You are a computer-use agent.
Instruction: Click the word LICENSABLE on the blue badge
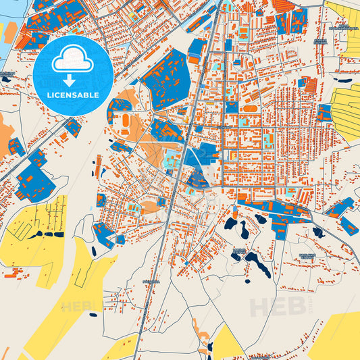[x=72, y=95]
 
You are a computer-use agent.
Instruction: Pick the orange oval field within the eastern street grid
[x=251, y=108]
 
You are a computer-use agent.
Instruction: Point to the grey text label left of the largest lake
[x=239, y=252]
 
